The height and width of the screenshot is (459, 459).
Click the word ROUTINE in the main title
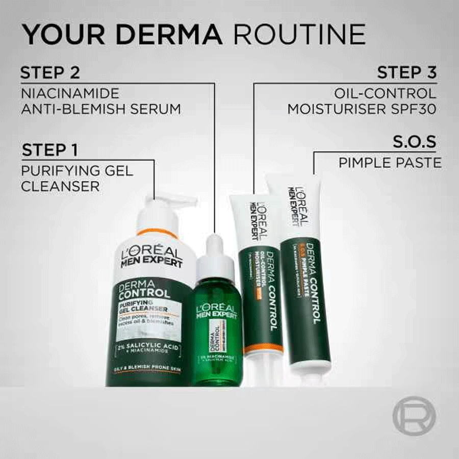click(299, 34)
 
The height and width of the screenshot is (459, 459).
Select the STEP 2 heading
click(50, 72)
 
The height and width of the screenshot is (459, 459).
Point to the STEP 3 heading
click(406, 72)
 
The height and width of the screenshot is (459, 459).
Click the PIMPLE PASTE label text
click(390, 163)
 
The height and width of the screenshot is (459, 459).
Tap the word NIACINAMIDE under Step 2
click(70, 93)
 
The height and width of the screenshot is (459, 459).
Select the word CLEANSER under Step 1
click(60, 186)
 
